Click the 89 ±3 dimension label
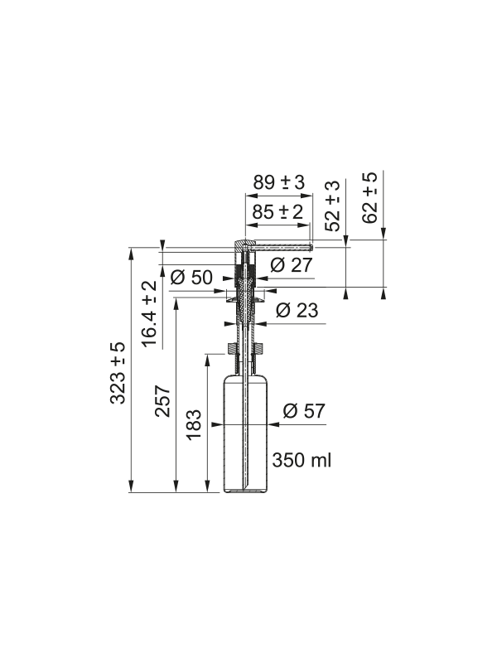tap(279, 182)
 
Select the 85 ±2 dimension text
tap(277, 211)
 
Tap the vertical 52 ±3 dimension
tap(334, 206)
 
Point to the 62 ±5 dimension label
tap(370, 197)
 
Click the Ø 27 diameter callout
tap(292, 265)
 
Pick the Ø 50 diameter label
tap(191, 278)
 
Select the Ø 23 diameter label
tap(297, 310)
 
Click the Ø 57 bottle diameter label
tap(304, 411)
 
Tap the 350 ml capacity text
tap(302, 460)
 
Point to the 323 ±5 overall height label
tap(118, 373)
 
